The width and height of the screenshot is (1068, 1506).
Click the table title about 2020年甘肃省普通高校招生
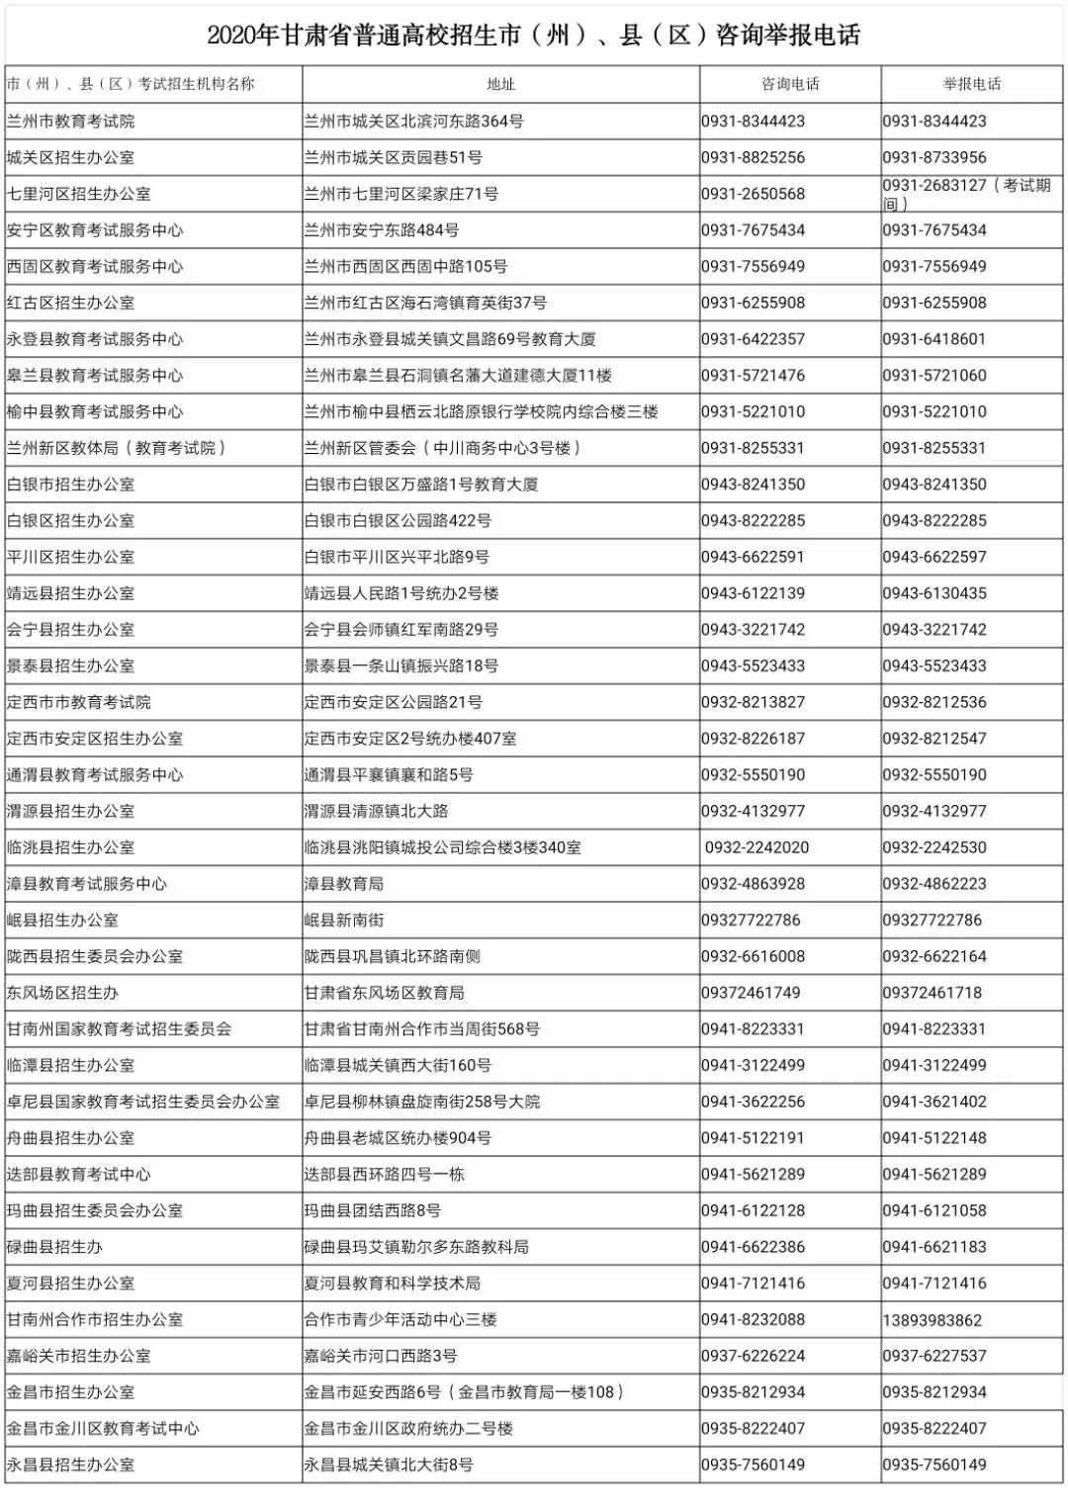pyautogui.click(x=534, y=36)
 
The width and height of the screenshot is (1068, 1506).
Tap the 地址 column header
pyautogui.click(x=501, y=84)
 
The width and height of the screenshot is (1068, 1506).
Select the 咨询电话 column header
pyautogui.click(x=790, y=84)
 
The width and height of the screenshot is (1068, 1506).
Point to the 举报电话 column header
pyautogui.click(x=972, y=84)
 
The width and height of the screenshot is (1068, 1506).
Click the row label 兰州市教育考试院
pyautogui.click(x=70, y=122)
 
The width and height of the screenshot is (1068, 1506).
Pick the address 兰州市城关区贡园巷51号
pyautogui.click(x=393, y=157)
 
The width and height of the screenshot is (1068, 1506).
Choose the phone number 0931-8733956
pyautogui.click(x=934, y=157)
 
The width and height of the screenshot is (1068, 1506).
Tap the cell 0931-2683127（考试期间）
pyautogui.click(x=966, y=194)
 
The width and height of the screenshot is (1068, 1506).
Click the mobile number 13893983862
pyautogui.click(x=933, y=1320)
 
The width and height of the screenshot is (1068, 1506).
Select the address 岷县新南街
pyautogui.click(x=343, y=920)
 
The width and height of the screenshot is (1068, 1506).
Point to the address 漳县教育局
pyautogui.click(x=343, y=884)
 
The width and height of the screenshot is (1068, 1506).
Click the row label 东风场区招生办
pyautogui.click(x=62, y=993)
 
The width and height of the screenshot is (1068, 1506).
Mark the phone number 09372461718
pyautogui.click(x=933, y=993)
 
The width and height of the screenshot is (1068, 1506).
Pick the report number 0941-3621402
pyautogui.click(x=934, y=1102)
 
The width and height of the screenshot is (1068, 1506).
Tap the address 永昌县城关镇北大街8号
pyautogui.click(x=389, y=1464)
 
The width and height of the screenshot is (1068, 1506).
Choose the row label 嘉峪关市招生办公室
pyautogui.click(x=78, y=1356)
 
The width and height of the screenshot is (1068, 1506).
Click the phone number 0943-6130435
pyautogui.click(x=934, y=593)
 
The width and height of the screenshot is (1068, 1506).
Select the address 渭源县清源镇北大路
pyautogui.click(x=376, y=811)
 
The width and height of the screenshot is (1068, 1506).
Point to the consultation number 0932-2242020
pyautogui.click(x=756, y=847)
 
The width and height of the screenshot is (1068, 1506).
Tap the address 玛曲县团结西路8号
pyautogui.click(x=373, y=1210)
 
